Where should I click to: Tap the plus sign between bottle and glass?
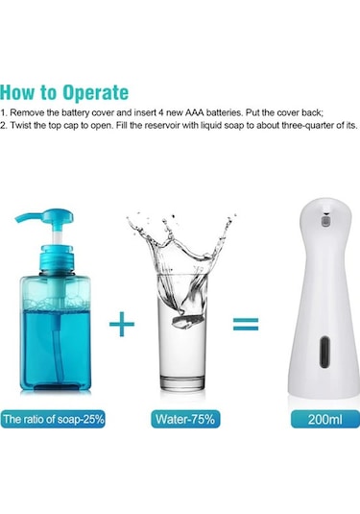point(122,324)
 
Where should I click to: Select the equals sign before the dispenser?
point(246,324)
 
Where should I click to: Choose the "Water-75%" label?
point(186,419)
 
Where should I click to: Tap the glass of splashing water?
point(182,327)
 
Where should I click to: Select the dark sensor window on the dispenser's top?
point(322,220)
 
